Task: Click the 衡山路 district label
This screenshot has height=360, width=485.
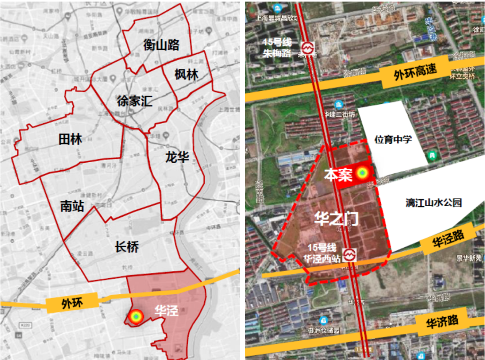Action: (161, 45)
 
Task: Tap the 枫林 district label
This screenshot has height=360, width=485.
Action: (186, 74)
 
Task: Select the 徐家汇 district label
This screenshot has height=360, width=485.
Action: (134, 101)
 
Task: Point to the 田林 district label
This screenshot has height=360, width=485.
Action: (71, 139)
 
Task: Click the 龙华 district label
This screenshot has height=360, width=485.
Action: (177, 157)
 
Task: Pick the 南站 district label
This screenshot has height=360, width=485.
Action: (72, 206)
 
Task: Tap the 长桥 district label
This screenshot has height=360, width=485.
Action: (127, 247)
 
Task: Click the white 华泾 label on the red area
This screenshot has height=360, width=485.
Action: (166, 310)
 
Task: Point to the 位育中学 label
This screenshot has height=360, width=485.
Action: (393, 139)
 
